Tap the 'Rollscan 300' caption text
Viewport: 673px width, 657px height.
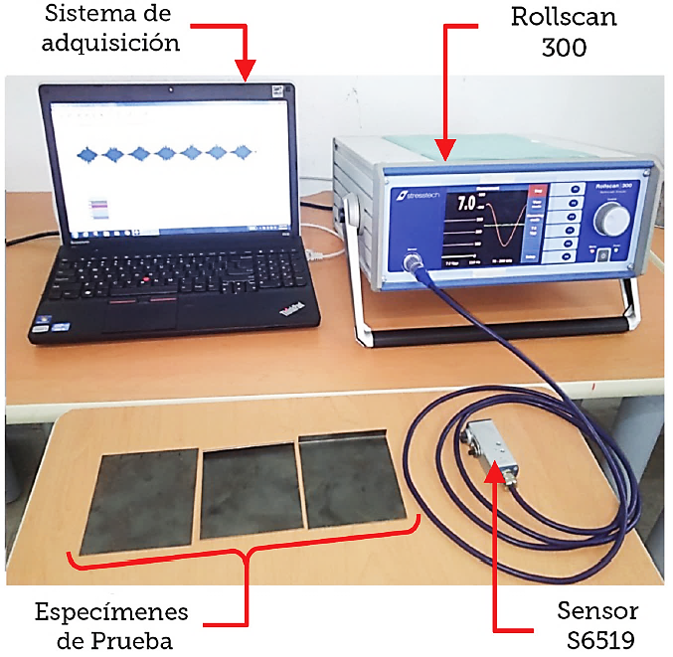[x=563, y=31]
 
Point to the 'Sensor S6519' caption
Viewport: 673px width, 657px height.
[x=595, y=624]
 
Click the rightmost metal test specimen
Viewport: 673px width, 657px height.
[x=353, y=480]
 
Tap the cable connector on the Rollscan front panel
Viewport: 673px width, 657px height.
[x=411, y=261]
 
